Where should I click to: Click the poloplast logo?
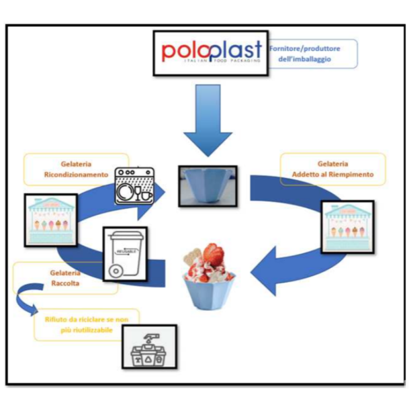(x=211, y=52)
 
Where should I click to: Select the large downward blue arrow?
(x=208, y=121)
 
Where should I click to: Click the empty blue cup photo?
(x=207, y=186)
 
